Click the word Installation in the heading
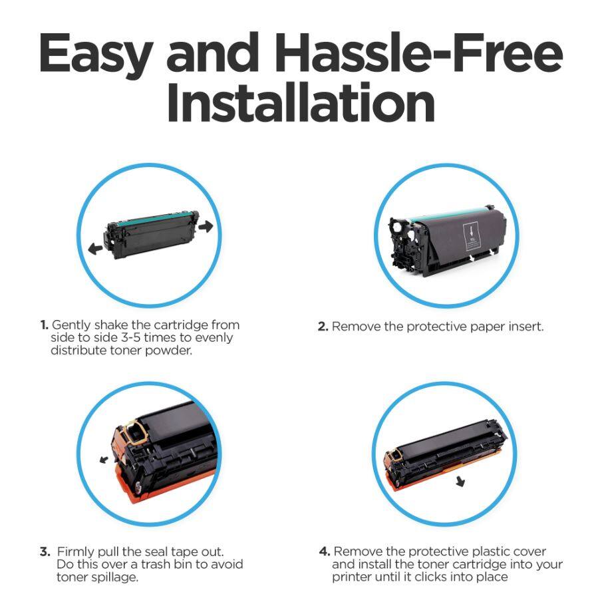tap(301, 103)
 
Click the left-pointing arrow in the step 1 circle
tap(96, 247)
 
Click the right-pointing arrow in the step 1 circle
tap(206, 227)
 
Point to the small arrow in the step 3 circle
tap(104, 459)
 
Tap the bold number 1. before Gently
tap(44, 325)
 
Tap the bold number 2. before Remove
tap(323, 327)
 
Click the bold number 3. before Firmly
tap(45, 551)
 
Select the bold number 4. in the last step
tap(324, 551)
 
